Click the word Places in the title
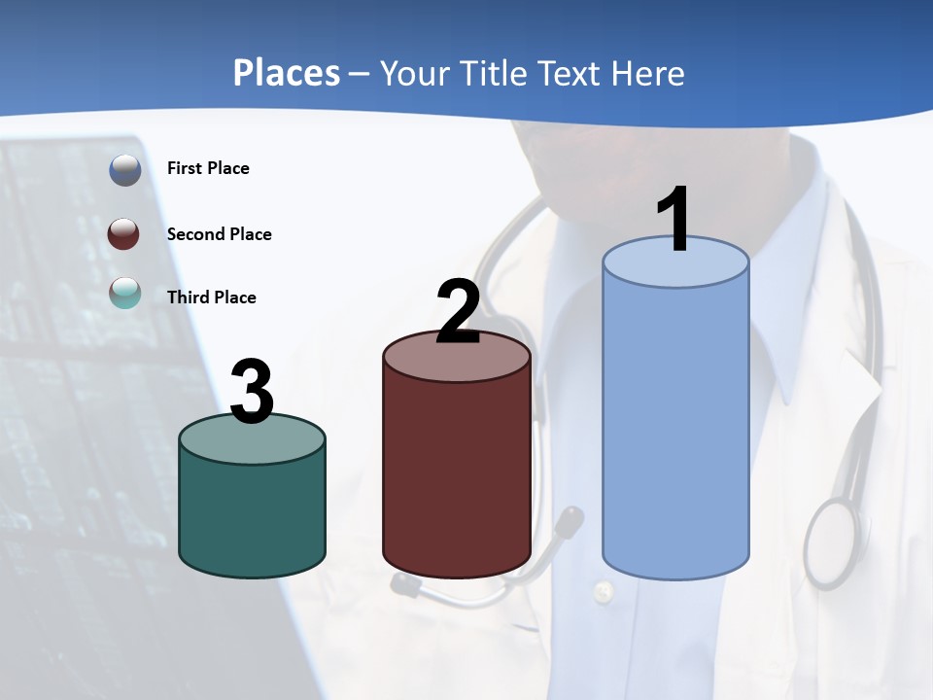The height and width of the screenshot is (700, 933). [x=287, y=73]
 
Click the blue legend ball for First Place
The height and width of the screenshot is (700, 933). [x=125, y=170]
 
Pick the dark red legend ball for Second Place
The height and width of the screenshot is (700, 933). [x=124, y=234]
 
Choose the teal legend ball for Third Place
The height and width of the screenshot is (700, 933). [x=124, y=293]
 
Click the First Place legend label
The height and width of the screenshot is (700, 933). [x=208, y=168]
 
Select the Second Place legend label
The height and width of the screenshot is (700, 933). [x=220, y=234]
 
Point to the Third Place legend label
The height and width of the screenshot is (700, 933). [x=212, y=297]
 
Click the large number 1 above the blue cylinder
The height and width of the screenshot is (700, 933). [x=674, y=219]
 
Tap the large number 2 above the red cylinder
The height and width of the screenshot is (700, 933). [x=458, y=311]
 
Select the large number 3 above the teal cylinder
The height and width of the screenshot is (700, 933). [x=252, y=392]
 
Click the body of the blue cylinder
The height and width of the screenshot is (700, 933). [x=675, y=428]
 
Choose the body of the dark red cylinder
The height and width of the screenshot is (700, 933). [x=457, y=476]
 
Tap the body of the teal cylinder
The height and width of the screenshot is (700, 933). [x=252, y=515]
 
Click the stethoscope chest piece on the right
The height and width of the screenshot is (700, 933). [x=832, y=542]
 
